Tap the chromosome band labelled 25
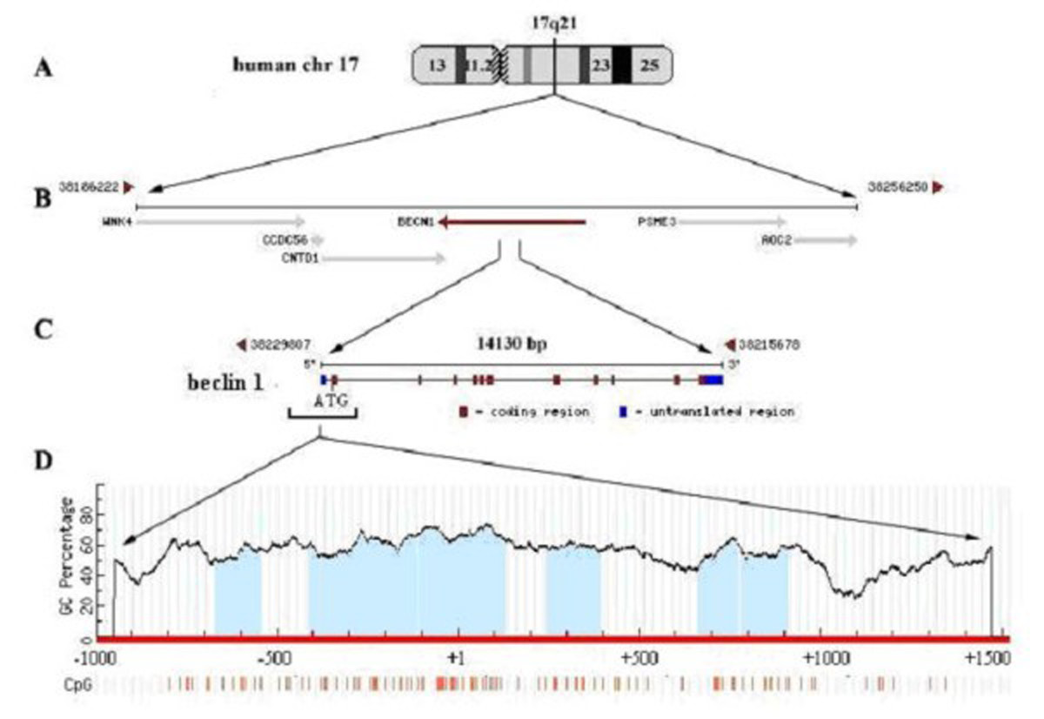[650, 65]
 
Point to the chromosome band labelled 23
[599, 65]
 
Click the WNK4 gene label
[115, 221]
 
